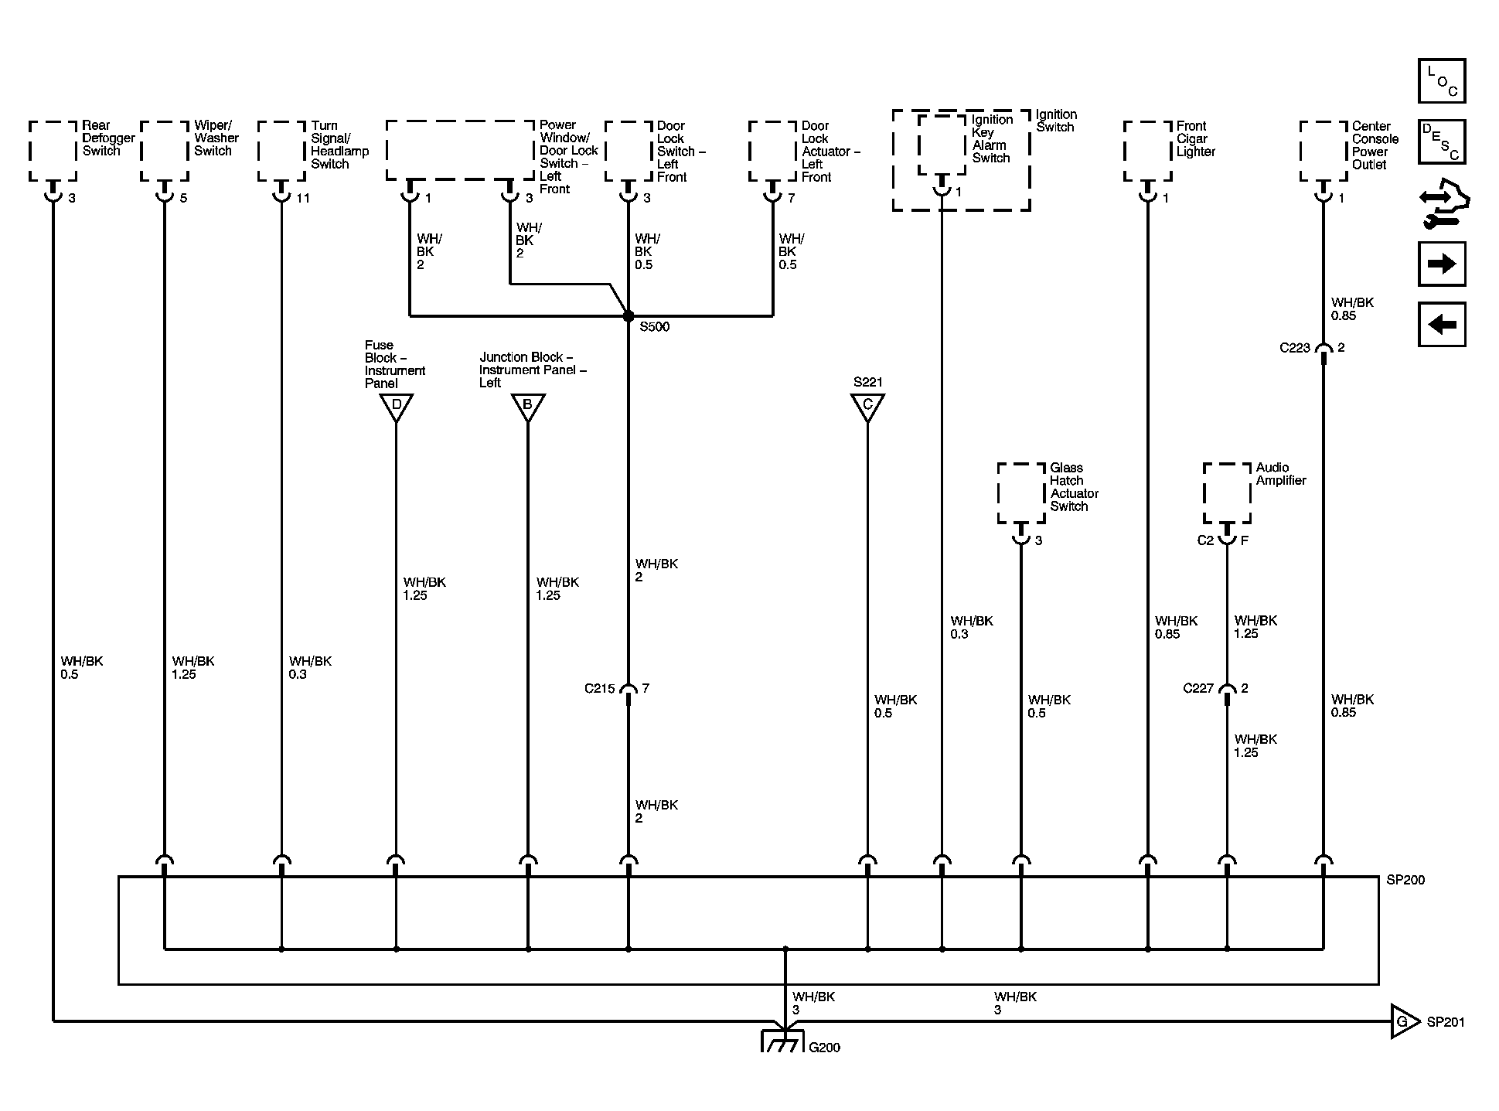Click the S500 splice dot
[x=628, y=316]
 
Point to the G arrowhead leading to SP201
[x=1404, y=1021]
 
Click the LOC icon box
[x=1442, y=81]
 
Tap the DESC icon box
[x=1442, y=141]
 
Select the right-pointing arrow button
[x=1442, y=264]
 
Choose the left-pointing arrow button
[x=1442, y=324]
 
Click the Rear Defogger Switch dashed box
[x=53, y=151]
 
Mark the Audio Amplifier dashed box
[x=1227, y=493]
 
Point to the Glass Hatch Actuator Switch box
[x=1021, y=493]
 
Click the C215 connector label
[x=600, y=689]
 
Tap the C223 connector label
[x=1295, y=348]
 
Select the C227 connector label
[x=1198, y=688]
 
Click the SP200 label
[x=1405, y=880]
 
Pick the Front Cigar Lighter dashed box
[x=1148, y=151]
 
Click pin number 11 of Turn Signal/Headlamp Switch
[x=303, y=198]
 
